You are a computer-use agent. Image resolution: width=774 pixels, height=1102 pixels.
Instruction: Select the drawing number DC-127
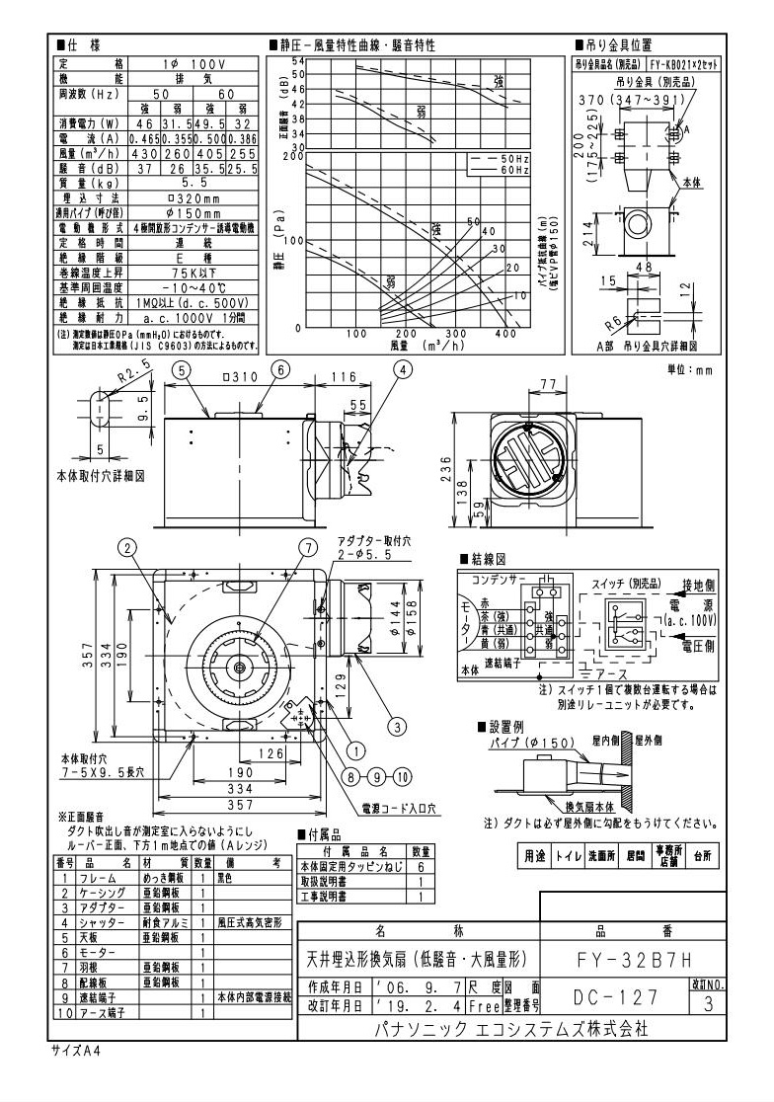(x=615, y=996)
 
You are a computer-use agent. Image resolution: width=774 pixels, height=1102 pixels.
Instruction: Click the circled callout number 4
(x=403, y=369)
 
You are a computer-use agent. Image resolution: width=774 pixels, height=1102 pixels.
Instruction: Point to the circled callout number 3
(x=397, y=727)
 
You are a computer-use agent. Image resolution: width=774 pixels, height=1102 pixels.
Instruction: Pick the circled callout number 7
(x=309, y=546)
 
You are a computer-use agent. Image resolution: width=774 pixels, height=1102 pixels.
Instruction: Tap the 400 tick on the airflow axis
(x=506, y=335)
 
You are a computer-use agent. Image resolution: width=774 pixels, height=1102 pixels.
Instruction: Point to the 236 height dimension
(x=446, y=468)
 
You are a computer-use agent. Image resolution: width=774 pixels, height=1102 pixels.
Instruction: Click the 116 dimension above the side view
(x=345, y=377)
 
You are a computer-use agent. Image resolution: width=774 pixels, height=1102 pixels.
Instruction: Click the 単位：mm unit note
(x=690, y=370)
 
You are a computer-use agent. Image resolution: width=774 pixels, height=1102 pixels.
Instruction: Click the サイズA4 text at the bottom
(x=73, y=1051)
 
